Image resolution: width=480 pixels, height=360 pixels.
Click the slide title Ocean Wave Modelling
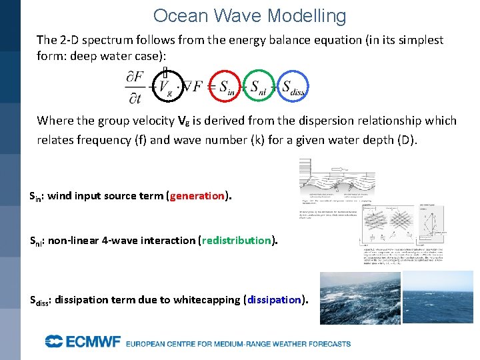pos(249,16)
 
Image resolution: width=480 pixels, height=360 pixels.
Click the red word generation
pos(197,196)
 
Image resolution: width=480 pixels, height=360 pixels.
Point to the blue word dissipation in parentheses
pos(274,300)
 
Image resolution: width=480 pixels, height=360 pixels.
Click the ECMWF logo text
pos(83,342)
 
